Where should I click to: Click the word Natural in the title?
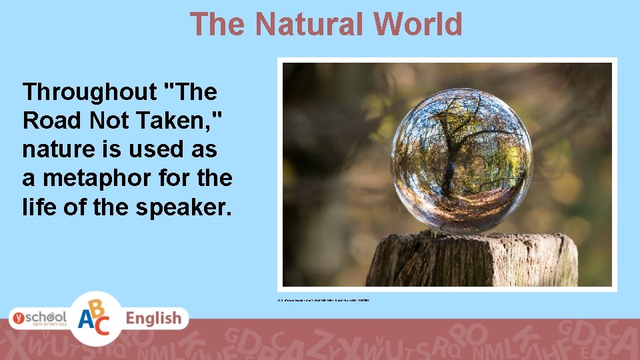click(310, 25)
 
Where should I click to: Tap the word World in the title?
click(418, 25)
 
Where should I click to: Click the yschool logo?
click(39, 317)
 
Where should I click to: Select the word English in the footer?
click(153, 319)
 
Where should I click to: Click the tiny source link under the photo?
click(324, 301)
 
